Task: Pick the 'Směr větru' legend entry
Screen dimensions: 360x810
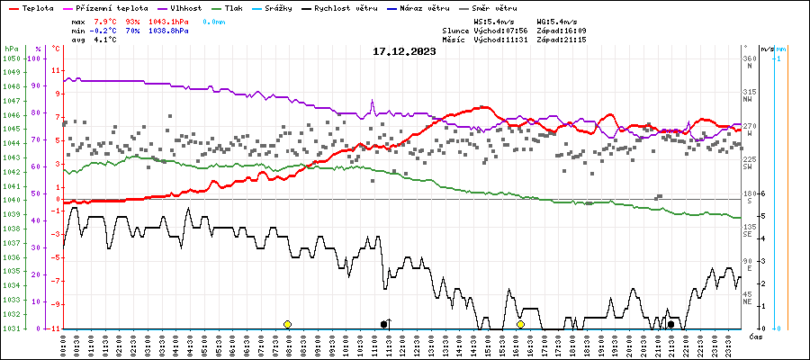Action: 494,7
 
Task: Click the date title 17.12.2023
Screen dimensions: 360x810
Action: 404,51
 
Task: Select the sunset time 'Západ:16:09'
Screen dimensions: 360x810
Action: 562,30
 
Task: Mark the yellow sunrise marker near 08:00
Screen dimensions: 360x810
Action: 287,324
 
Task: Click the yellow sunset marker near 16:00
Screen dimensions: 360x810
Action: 520,324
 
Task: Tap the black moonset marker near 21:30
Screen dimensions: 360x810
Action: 670,324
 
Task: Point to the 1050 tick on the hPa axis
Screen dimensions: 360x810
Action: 11,58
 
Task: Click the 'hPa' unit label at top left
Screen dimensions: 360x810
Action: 11,49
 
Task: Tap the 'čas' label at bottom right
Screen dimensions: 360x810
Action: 756,337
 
